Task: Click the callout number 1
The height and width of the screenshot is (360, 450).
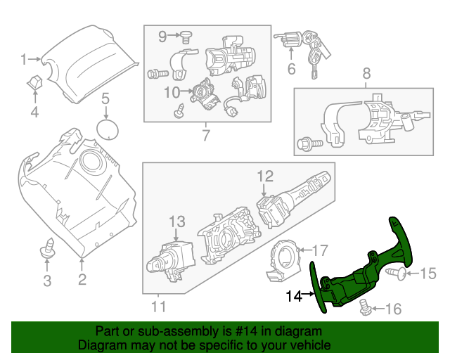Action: (23, 58)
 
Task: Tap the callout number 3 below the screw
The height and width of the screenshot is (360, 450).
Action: (47, 282)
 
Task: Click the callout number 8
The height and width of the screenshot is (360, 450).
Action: (366, 72)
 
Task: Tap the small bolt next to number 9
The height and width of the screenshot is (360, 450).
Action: (186, 34)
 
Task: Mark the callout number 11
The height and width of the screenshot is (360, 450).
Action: (159, 306)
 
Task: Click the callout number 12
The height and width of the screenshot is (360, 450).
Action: (264, 176)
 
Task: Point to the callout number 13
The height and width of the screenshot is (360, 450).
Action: (176, 222)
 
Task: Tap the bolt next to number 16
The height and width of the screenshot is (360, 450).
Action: (364, 306)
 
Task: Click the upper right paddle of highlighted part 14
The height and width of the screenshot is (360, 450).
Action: (399, 236)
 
